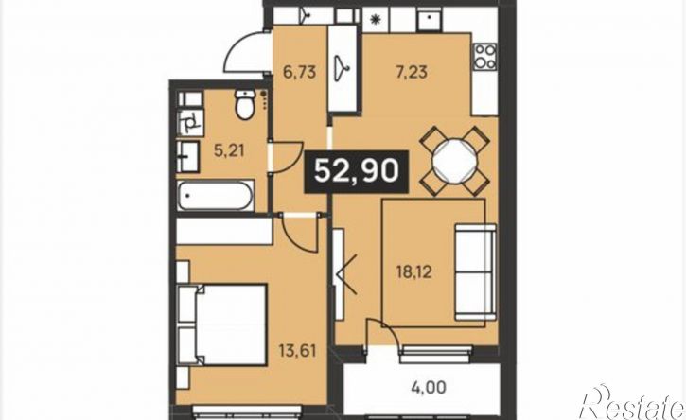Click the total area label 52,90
pyautogui.click(x=357, y=170)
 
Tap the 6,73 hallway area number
pyautogui.click(x=299, y=72)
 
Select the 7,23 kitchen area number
pyautogui.click(x=412, y=72)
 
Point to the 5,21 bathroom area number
pyautogui.click(x=229, y=151)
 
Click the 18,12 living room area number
pyautogui.click(x=413, y=272)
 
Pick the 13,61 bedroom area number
pyautogui.click(x=297, y=350)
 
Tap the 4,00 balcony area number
pyautogui.click(x=430, y=387)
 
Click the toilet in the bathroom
pyautogui.click(x=244, y=104)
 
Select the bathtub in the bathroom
pyautogui.click(x=215, y=196)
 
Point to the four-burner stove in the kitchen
pyautogui.click(x=485, y=57)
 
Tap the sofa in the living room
pyautogui.click(x=476, y=272)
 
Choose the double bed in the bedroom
pyautogui.click(x=221, y=324)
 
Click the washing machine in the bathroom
pyautogui.click(x=190, y=123)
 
